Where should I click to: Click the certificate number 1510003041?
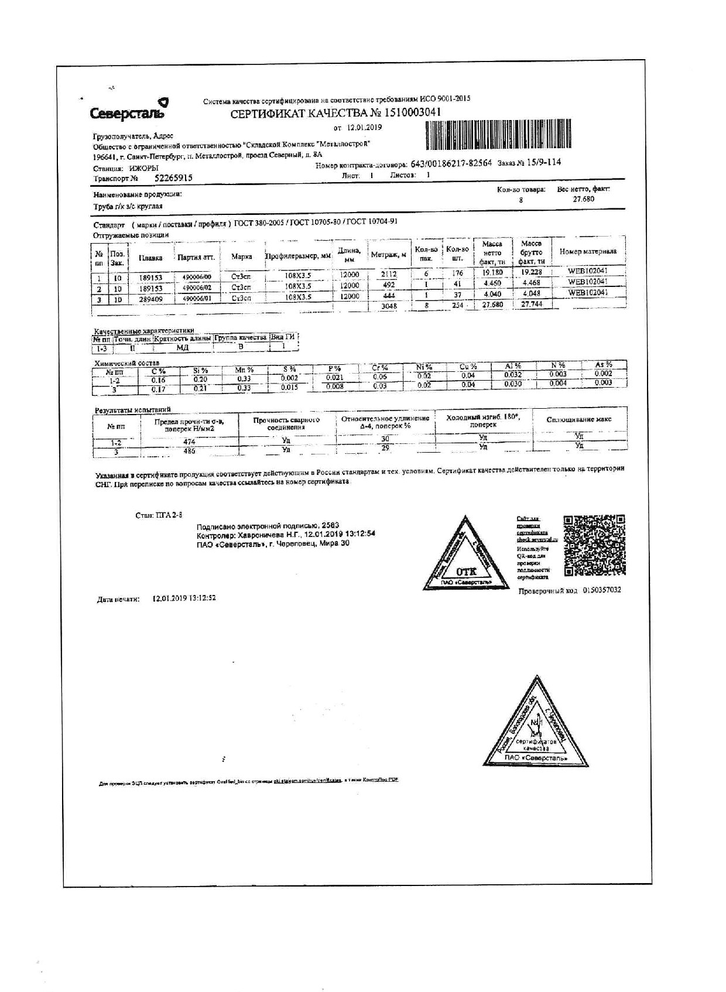click(x=410, y=112)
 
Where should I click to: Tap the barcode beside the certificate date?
click(x=495, y=135)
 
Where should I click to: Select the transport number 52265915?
click(x=173, y=178)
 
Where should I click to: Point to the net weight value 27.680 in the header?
click(x=583, y=199)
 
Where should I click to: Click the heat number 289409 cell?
click(x=150, y=299)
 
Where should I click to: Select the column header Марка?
click(x=241, y=256)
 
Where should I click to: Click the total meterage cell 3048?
click(x=389, y=306)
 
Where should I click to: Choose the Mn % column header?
click(x=244, y=370)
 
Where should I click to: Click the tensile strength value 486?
click(x=189, y=451)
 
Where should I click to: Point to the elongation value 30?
click(x=385, y=439)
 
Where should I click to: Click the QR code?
click(x=594, y=545)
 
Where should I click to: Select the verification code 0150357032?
click(x=601, y=590)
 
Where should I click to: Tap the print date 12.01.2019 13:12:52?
click(x=184, y=598)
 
